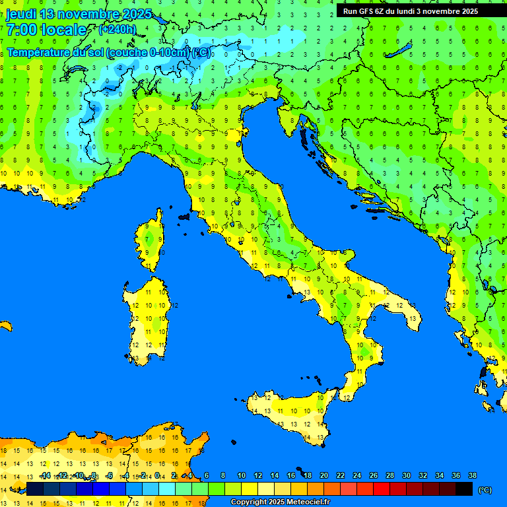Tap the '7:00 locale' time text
click(46, 30)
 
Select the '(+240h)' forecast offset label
click(117, 30)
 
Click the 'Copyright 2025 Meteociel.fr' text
click(280, 502)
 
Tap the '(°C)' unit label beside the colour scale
click(485, 489)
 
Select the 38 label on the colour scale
click(471, 475)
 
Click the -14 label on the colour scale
click(45, 475)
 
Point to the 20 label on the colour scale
click(323, 475)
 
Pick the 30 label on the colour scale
click(406, 475)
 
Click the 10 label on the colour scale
click(242, 475)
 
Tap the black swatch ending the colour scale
click(464, 489)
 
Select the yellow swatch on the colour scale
click(250, 489)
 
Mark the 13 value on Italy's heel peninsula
click(413, 318)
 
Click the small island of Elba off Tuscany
click(184, 216)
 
